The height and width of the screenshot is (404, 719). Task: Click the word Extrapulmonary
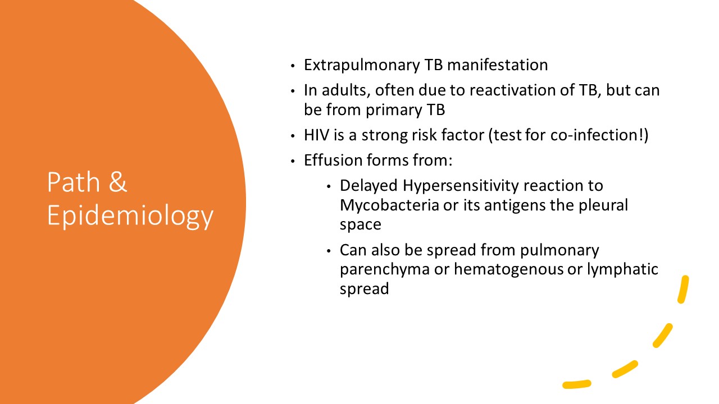(x=362, y=66)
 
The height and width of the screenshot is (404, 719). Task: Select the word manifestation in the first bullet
(x=497, y=65)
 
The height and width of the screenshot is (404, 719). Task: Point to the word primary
(x=394, y=111)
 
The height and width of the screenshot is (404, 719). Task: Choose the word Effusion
(x=333, y=160)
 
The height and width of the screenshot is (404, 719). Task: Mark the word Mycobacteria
(x=389, y=205)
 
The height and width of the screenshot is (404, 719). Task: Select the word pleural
(x=603, y=205)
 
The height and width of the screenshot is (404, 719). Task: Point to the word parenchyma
(x=385, y=270)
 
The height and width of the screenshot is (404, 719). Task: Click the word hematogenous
(x=508, y=270)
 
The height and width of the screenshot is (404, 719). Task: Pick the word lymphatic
(x=622, y=270)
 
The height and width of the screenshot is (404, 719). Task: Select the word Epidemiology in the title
(x=130, y=217)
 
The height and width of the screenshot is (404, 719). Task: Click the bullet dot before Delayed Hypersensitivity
(x=329, y=186)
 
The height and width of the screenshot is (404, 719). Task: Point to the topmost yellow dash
(x=683, y=289)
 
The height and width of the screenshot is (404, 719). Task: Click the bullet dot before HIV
(x=293, y=136)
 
